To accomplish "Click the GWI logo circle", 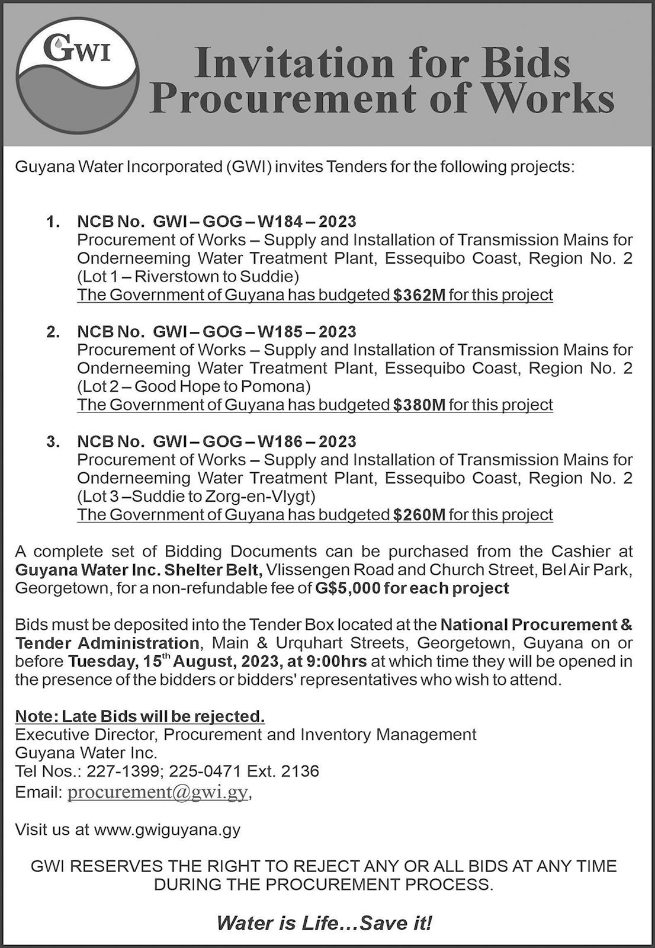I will [78, 74].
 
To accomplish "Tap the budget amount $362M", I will [419, 295].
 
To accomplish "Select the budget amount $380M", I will [419, 405].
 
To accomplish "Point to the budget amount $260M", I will [419, 514].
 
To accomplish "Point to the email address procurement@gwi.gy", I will [158, 792].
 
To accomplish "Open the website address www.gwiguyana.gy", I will [167, 829].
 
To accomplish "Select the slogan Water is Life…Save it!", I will [324, 923].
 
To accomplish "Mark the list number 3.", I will [53, 441].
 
